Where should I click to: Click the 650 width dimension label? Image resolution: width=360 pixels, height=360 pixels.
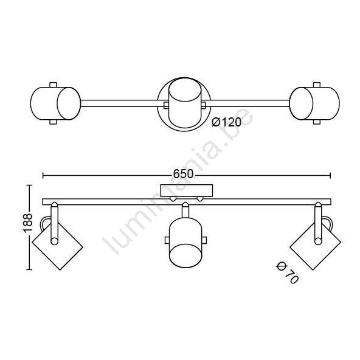pos(183,174)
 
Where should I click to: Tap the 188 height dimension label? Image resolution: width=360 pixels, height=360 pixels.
pos(28,223)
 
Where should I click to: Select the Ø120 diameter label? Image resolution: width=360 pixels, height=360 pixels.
pos(226,122)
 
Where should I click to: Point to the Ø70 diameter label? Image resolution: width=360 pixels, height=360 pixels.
pos(287,273)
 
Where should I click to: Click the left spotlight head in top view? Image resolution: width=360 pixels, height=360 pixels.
pos(55,103)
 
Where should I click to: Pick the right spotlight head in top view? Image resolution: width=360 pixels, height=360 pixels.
pos(314,103)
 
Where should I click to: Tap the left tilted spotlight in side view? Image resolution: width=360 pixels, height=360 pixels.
pos(57,246)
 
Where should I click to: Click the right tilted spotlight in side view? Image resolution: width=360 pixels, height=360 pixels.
pos(316,246)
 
